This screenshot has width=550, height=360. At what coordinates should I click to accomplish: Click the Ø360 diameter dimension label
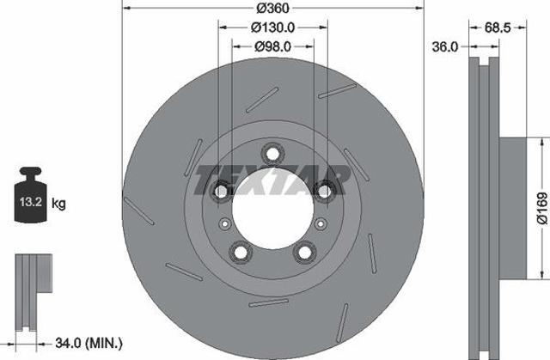(272, 8)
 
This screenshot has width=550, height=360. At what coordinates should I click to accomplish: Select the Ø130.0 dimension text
(272, 27)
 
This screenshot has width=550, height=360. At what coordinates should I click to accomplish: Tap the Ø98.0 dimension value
(272, 46)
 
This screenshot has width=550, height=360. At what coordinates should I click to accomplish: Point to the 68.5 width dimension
(498, 27)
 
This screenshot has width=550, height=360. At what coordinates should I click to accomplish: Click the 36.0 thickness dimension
(445, 46)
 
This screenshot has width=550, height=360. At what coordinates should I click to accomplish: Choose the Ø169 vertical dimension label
(542, 208)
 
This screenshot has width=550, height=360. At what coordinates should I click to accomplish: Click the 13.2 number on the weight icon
(31, 202)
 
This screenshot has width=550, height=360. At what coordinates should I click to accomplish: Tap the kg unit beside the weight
(58, 203)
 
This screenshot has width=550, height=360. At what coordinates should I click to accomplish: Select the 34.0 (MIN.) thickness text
(89, 343)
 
